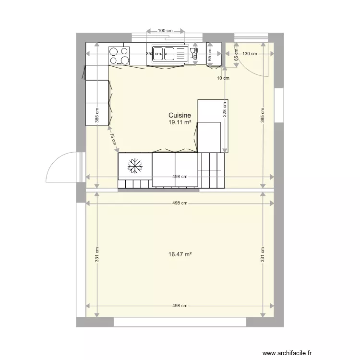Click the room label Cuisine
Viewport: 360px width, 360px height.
[180, 115]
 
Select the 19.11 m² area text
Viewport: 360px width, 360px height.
[180, 123]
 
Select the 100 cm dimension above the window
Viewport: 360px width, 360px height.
[165, 31]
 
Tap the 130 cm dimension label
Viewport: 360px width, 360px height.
[250, 54]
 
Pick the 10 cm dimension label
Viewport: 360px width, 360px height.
[223, 78]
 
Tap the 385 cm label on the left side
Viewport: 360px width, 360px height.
[97, 113]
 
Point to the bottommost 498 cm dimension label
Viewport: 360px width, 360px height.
[180, 306]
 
